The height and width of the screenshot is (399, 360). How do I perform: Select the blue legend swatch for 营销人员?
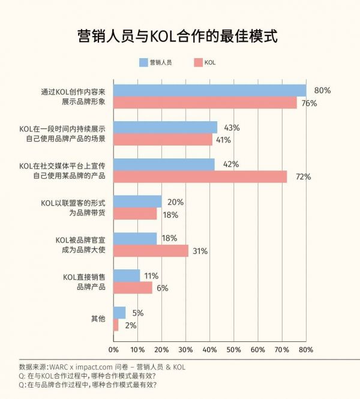(143, 62)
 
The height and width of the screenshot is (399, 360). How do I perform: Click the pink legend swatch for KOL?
(197, 62)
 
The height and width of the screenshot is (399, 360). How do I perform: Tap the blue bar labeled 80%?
(210, 91)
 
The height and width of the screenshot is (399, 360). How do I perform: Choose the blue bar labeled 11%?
(127, 275)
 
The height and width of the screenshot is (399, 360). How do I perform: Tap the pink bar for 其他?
(116, 325)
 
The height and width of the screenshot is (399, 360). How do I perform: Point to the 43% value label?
(232, 128)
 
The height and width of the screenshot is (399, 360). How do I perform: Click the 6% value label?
(163, 288)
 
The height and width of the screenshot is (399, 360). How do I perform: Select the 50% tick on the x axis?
(234, 350)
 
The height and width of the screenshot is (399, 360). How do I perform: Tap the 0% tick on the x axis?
(113, 350)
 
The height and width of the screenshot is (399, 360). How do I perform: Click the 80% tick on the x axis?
(306, 350)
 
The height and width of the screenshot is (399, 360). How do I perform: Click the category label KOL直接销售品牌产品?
(85, 281)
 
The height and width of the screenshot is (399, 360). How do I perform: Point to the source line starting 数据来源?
(102, 366)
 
